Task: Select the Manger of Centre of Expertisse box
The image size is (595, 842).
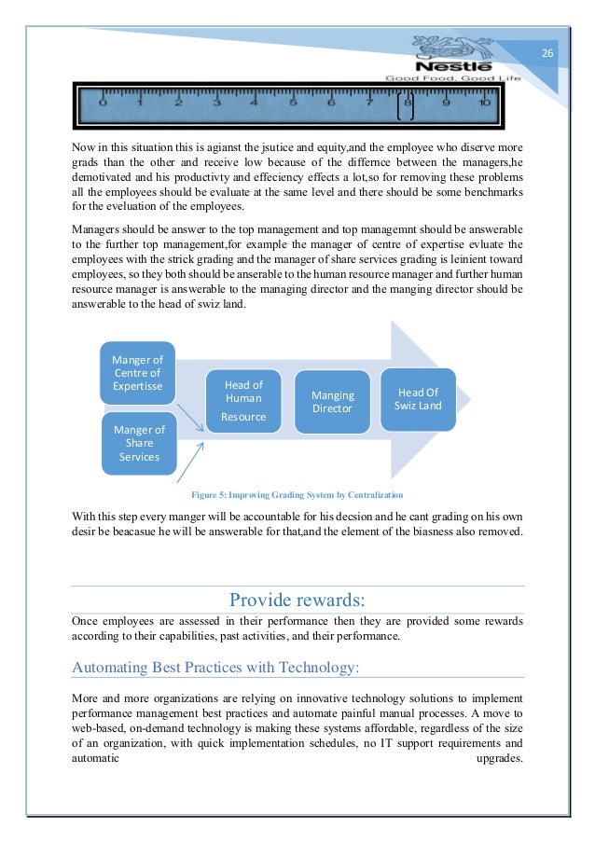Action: [137, 373]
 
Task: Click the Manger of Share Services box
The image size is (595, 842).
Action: [139, 443]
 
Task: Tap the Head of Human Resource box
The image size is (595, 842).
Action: [243, 401]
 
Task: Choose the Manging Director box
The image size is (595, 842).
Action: [332, 402]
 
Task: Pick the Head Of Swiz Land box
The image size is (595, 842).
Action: [418, 399]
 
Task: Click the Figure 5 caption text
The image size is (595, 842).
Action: [297, 493]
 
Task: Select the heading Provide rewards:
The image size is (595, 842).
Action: [297, 598]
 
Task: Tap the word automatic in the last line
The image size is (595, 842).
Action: [95, 758]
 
